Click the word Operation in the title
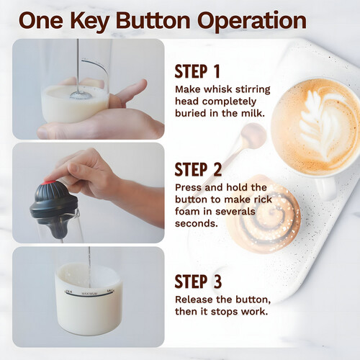(252, 21)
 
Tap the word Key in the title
(89, 21)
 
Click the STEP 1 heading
(197, 71)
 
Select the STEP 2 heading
(198, 169)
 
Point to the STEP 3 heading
(198, 282)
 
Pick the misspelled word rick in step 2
(263, 199)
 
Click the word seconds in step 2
(197, 224)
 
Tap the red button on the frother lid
(49, 183)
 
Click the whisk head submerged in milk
(81, 95)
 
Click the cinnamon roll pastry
(264, 214)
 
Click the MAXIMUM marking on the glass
(89, 294)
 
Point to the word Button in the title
(153, 21)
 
